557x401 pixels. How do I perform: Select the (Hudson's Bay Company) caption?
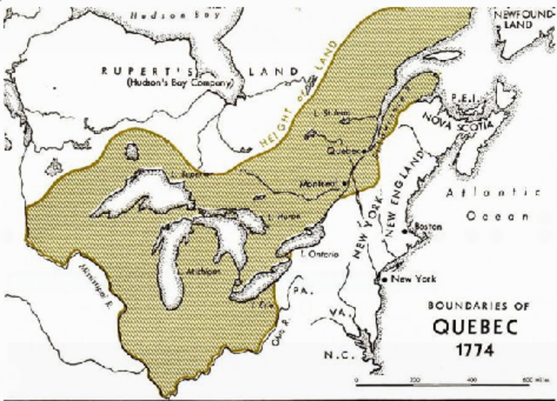[x=179, y=84]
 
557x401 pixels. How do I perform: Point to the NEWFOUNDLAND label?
[x=519, y=21]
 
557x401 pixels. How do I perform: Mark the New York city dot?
[x=384, y=278]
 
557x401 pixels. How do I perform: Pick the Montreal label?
[x=321, y=184]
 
